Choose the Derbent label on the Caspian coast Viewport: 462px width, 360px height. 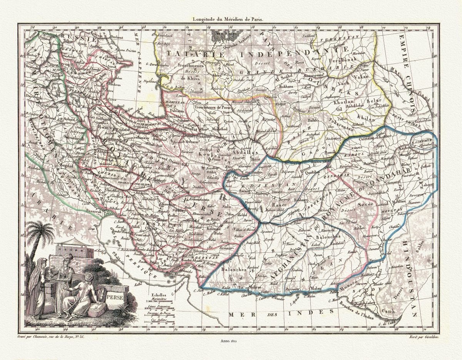(x=114, y=38)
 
